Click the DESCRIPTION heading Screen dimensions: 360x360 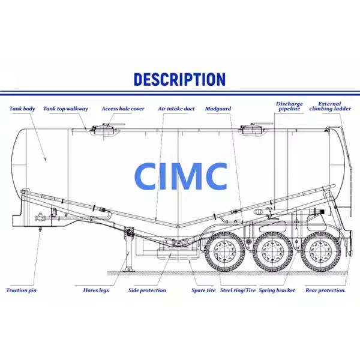click(x=179, y=79)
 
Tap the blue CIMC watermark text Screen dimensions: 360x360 click(x=181, y=176)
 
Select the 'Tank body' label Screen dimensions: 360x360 click(x=22, y=109)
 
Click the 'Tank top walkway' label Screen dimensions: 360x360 click(x=66, y=109)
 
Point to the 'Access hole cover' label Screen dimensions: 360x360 click(x=122, y=109)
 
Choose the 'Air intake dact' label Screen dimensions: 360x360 click(x=176, y=109)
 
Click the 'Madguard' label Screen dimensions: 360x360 click(x=218, y=109)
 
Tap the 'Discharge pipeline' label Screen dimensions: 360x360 click(x=289, y=106)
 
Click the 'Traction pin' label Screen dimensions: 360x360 click(x=22, y=290)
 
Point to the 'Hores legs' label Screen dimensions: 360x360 click(x=95, y=290)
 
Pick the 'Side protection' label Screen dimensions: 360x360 click(x=147, y=290)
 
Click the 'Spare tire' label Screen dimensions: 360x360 click(x=203, y=290)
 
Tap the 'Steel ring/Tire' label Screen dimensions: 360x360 click(x=238, y=290)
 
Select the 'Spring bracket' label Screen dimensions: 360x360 click(x=277, y=290)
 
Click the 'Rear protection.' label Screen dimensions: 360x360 click(x=325, y=290)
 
